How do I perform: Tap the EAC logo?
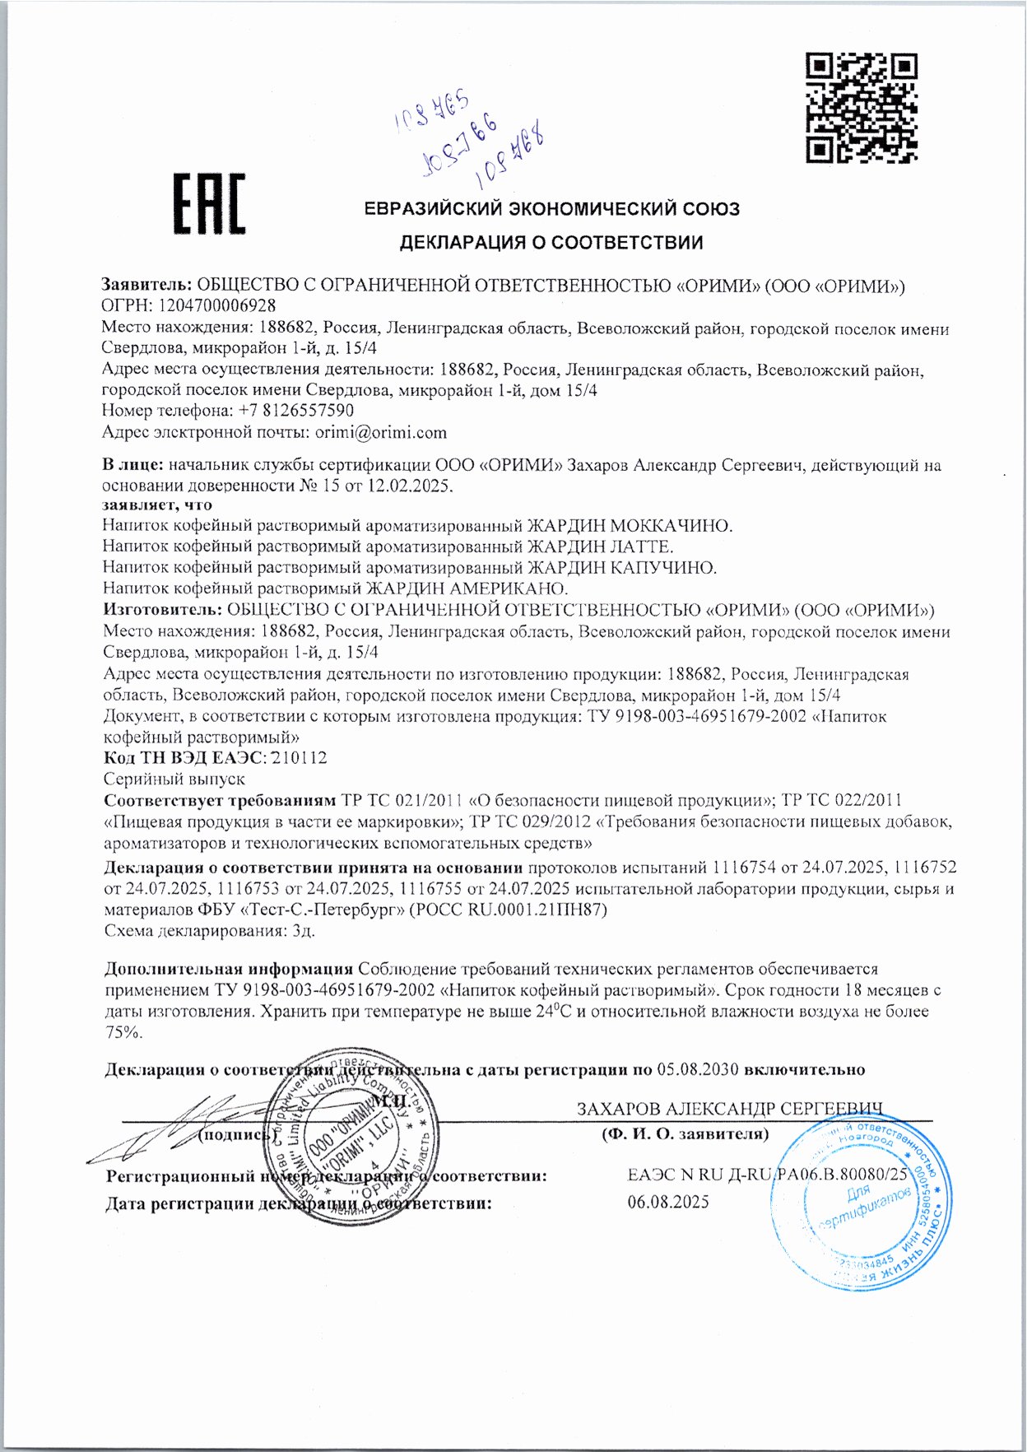(x=209, y=203)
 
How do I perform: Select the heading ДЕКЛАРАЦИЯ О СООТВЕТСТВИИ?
(x=551, y=243)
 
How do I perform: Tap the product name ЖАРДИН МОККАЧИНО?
(x=630, y=525)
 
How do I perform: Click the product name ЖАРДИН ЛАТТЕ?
(x=600, y=546)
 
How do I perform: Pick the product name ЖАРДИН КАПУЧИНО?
(x=622, y=567)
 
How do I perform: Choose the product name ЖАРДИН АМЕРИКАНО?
(x=467, y=589)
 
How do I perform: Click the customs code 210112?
(x=299, y=757)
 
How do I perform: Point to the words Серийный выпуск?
(x=174, y=779)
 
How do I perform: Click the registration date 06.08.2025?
(x=668, y=1202)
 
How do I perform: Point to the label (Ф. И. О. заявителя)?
(x=685, y=1134)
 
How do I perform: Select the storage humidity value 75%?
(x=124, y=1032)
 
